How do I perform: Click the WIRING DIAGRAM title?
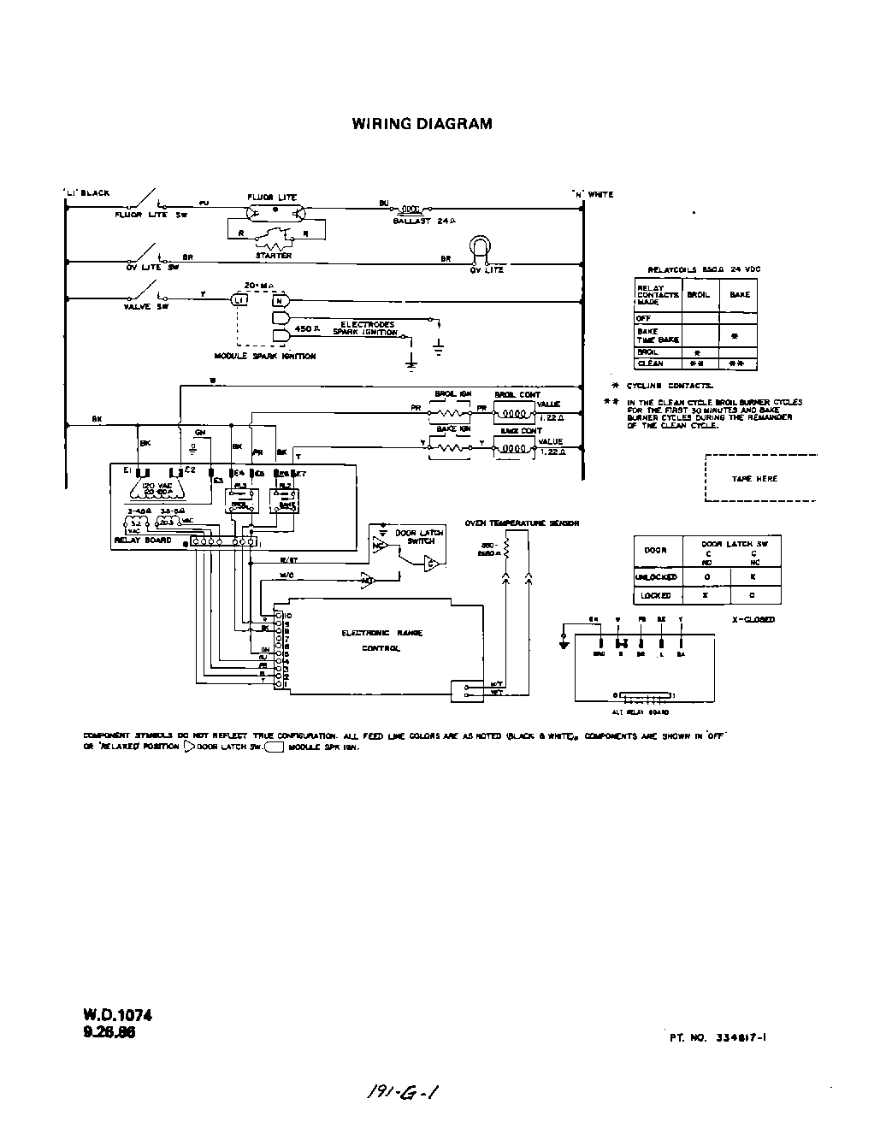[422, 123]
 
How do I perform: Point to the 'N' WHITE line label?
[593, 194]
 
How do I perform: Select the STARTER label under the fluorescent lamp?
[273, 256]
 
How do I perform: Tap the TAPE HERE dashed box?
[753, 479]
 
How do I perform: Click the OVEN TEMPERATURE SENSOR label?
[521, 523]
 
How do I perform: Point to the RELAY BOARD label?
[142, 540]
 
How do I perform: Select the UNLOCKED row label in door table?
[656, 577]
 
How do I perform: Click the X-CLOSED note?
[753, 619]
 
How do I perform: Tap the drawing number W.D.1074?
[117, 1015]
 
